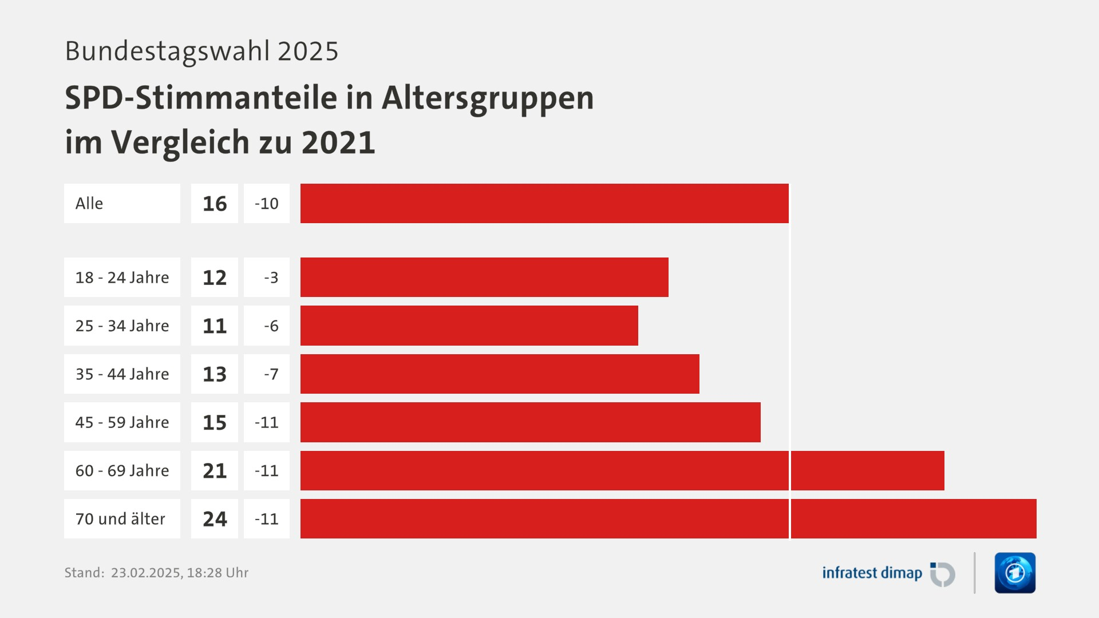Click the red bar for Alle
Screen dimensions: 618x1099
click(x=544, y=203)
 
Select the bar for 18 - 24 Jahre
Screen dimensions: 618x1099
click(x=484, y=277)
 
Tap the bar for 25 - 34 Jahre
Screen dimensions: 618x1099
click(x=469, y=326)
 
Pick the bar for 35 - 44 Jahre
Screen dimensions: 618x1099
click(x=500, y=374)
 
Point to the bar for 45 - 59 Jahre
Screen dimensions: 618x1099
click(x=530, y=422)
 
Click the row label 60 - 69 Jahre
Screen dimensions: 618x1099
click(x=122, y=470)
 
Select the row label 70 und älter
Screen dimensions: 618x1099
click(x=120, y=519)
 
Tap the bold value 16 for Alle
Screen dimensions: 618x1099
click(x=215, y=204)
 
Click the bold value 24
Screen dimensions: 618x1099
click(x=215, y=519)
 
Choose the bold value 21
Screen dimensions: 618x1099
click(x=215, y=470)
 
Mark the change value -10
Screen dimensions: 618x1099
click(x=267, y=204)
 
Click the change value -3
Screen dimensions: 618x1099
click(x=271, y=278)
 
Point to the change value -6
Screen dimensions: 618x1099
click(x=271, y=326)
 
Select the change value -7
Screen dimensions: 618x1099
click(x=271, y=374)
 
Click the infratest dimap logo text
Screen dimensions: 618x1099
click(x=872, y=573)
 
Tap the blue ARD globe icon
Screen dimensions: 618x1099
click(x=1015, y=573)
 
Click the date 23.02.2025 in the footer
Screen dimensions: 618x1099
click(x=146, y=573)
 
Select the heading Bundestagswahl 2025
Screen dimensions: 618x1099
click(x=201, y=51)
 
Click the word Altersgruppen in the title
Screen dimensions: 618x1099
click(x=488, y=98)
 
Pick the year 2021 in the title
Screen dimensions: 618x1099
click(x=338, y=142)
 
